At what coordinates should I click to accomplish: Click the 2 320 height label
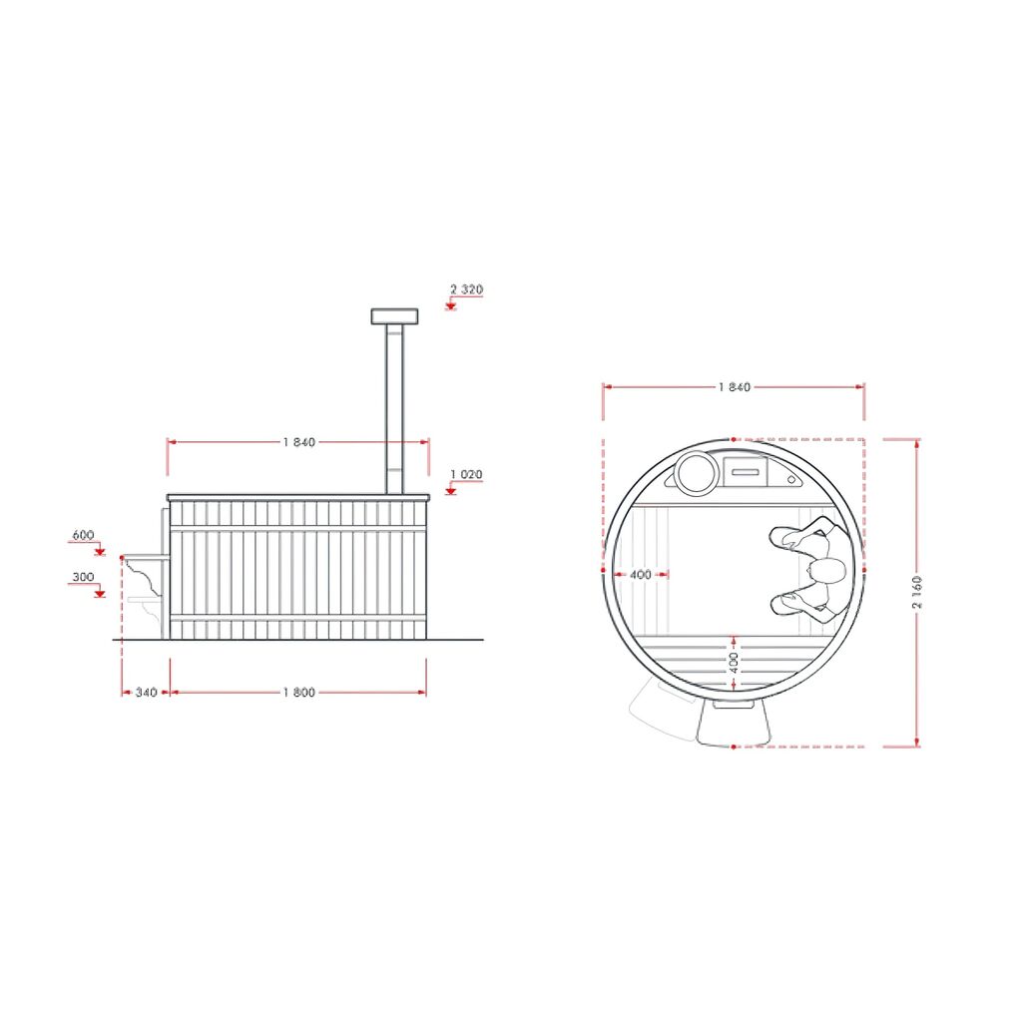point(467,288)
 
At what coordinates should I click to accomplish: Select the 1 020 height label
point(467,474)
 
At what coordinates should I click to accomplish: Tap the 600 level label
point(83,535)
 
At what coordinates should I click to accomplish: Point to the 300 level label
point(83,576)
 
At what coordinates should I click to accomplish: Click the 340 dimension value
point(146,693)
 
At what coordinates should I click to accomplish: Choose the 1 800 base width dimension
point(299,693)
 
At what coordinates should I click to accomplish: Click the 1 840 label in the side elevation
point(299,442)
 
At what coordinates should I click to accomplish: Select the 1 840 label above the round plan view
point(735,387)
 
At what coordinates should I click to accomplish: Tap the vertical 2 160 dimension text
point(917,592)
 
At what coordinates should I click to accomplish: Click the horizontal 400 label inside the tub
point(641,574)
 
